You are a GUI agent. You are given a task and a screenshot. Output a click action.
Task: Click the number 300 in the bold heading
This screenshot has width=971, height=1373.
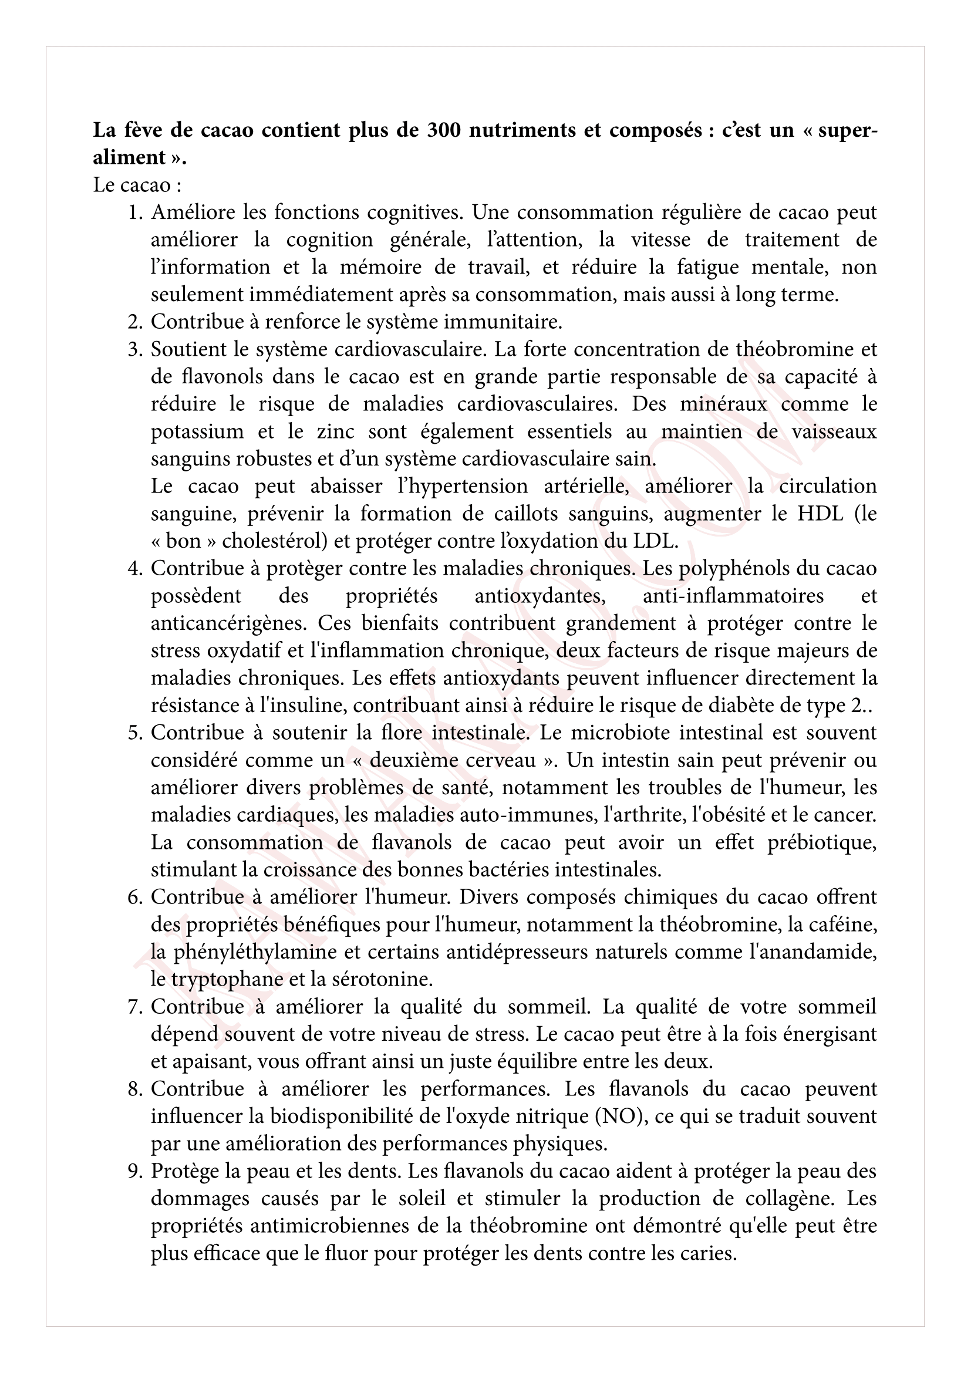(443, 130)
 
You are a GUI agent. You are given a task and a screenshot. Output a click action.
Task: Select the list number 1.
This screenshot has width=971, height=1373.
(134, 212)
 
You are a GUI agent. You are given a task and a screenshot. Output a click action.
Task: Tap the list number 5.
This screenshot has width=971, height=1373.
(134, 733)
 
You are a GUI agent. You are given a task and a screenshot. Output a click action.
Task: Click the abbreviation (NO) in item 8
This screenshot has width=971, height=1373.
(620, 1116)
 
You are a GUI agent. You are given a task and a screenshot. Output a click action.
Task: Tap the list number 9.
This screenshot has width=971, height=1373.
(134, 1171)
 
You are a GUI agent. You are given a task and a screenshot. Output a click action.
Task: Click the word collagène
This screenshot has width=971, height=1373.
(787, 1199)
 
